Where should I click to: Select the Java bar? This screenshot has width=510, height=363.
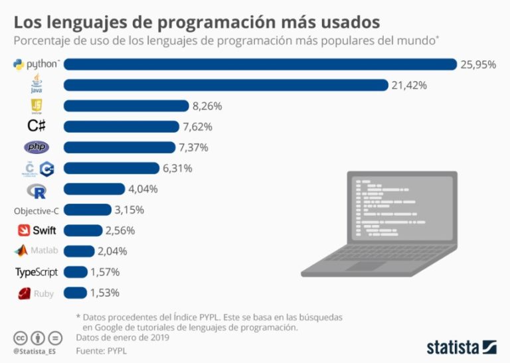226,85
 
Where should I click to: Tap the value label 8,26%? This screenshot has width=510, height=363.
207,106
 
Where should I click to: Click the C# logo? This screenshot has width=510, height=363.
37,126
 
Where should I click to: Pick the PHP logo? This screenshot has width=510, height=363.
37,147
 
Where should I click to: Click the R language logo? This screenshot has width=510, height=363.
37,190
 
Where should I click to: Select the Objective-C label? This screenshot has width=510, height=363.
37,210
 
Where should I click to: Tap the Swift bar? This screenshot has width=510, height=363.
83,231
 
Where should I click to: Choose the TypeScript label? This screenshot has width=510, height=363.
37,272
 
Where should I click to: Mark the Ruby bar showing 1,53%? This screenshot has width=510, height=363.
76,293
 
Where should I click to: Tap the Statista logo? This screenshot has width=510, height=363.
461,347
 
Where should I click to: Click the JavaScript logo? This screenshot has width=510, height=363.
37,106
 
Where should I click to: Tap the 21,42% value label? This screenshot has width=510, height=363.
408,85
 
